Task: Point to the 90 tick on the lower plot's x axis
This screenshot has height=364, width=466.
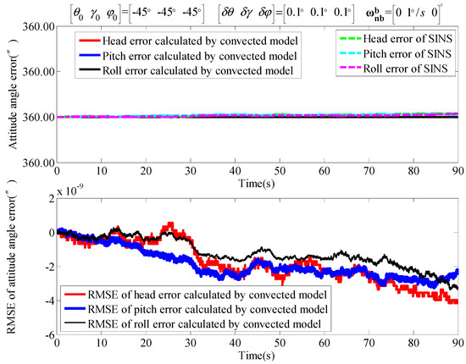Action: click(457, 344)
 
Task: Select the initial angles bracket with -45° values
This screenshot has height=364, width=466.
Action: click(125, 14)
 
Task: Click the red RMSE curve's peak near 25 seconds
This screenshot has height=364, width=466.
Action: click(170, 225)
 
